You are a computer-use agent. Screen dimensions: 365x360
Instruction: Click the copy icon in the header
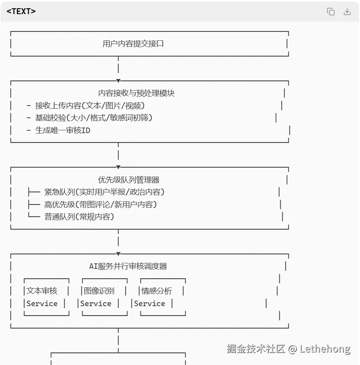coord(331,12)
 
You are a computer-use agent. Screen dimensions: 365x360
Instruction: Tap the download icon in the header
coord(347,12)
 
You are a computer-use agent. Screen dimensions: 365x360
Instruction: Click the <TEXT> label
coord(21,11)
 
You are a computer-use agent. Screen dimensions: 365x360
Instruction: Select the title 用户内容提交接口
coord(133,44)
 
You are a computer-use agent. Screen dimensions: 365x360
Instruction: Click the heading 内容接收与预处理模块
coord(136,93)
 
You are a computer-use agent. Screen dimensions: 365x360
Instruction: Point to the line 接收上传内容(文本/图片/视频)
coord(90,106)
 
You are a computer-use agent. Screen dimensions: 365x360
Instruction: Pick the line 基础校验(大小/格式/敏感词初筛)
coord(94,118)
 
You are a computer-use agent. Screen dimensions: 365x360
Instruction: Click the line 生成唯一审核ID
coord(63,130)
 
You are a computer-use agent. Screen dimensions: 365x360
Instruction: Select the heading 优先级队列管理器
coord(129,180)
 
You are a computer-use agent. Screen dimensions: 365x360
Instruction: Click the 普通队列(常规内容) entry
coord(79,217)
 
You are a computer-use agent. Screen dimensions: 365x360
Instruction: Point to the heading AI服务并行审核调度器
coord(128,266)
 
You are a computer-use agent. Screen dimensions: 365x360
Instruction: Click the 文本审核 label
coord(42,291)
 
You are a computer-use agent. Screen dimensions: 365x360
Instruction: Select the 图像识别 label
coord(99,291)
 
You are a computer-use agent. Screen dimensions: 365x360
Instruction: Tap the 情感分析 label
coord(156,291)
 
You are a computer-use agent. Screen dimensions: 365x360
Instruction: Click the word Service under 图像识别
coord(96,303)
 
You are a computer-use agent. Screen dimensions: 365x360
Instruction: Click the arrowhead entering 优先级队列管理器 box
coord(118,167)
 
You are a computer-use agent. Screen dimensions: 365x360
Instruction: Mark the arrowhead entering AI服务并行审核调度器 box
coord(118,254)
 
